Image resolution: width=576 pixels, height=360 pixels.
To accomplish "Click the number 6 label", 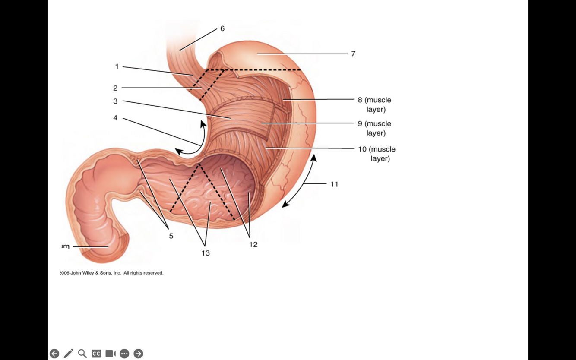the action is [222, 28].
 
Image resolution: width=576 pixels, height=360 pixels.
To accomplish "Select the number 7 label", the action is [353, 54].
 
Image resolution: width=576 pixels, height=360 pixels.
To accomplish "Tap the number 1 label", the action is [117, 66].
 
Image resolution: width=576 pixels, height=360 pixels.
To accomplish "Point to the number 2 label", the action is [115, 88].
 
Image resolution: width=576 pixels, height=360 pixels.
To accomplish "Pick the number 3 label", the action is [115, 101].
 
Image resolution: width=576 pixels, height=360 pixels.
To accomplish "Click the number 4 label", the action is [115, 118].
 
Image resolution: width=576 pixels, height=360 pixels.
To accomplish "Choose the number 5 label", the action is [171, 236].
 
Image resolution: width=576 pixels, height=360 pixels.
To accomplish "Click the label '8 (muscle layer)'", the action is [374, 104].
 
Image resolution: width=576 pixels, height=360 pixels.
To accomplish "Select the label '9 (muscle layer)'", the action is [374, 128].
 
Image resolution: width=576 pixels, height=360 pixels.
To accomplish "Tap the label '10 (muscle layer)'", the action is [377, 154].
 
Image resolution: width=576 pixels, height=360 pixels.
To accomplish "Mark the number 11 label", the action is [334, 184].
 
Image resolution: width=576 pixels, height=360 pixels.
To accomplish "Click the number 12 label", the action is [253, 245].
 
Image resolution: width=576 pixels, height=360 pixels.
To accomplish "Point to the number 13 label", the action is [206, 253].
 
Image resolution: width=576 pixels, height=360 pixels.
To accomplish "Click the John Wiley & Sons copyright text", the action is [112, 273].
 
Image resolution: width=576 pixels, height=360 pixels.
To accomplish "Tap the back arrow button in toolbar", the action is [54, 354].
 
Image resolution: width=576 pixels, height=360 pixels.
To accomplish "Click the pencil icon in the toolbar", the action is [68, 354].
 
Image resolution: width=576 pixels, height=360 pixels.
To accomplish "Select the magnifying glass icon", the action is [82, 354].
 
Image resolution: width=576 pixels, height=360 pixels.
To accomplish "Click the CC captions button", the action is [96, 354].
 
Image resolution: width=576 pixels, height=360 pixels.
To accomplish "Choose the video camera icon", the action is [111, 354].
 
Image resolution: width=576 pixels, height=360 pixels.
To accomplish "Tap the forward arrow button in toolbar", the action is [138, 354].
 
